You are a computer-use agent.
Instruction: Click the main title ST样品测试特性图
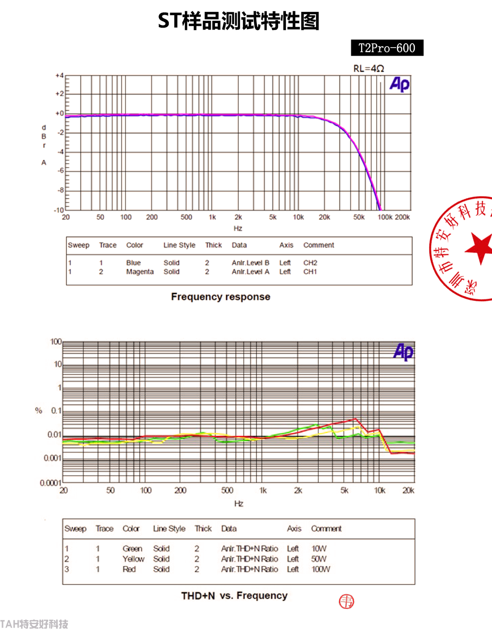(239, 21)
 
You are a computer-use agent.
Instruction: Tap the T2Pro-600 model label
(387, 48)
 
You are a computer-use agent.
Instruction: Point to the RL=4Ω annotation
(369, 68)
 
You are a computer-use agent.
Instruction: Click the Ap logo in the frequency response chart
(400, 85)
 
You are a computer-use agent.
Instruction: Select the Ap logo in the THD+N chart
(403, 352)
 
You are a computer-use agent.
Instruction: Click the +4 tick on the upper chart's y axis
(60, 76)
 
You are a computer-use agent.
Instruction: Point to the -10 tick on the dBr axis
(59, 210)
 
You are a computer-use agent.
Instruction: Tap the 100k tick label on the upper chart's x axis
(385, 217)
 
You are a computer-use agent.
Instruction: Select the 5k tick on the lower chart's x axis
(344, 490)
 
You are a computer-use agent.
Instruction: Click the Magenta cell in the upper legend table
(140, 272)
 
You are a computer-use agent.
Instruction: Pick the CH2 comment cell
(310, 263)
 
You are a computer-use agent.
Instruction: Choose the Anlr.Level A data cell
(250, 272)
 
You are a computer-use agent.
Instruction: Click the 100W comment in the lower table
(321, 569)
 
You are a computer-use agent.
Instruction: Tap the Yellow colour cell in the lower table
(133, 559)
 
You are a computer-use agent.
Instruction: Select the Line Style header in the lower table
(169, 529)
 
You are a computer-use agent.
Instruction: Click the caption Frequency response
(220, 297)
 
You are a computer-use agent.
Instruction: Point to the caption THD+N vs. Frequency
(234, 596)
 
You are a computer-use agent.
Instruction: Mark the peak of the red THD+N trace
(356, 419)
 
